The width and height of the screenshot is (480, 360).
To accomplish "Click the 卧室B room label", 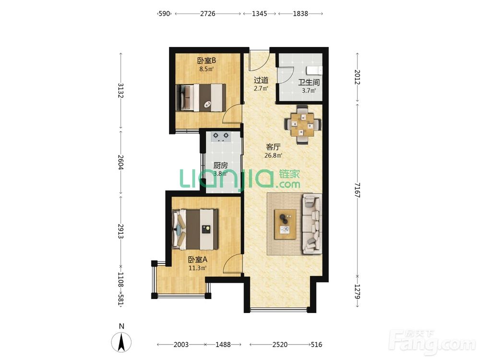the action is [x=206, y=60].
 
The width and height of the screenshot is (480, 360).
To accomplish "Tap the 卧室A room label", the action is [x=197, y=260].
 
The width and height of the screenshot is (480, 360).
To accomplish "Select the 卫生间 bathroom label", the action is [x=309, y=83].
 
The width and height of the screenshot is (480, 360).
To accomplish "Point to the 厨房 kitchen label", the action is [x=220, y=166].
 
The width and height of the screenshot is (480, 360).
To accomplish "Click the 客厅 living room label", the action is [x=273, y=147].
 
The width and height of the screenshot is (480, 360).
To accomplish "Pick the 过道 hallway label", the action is [x=261, y=80].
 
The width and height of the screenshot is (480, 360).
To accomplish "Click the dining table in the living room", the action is [x=302, y=125].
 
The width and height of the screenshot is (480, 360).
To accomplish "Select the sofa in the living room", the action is [x=312, y=224].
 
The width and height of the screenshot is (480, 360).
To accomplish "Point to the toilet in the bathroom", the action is [x=315, y=70].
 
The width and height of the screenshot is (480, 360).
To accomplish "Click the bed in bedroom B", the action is [x=203, y=97].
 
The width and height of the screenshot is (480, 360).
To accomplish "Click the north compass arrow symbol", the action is [x=121, y=342].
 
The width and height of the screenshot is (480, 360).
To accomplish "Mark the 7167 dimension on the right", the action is [x=357, y=190].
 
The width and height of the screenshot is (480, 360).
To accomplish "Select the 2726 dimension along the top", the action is [x=208, y=13].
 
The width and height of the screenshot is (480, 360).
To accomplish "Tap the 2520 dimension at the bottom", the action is [x=280, y=345].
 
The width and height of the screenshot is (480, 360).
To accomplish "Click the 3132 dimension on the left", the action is [x=120, y=91].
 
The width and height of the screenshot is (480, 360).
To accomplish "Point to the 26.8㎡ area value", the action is [x=273, y=155].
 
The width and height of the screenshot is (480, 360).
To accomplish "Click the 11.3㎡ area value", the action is [x=197, y=268].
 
